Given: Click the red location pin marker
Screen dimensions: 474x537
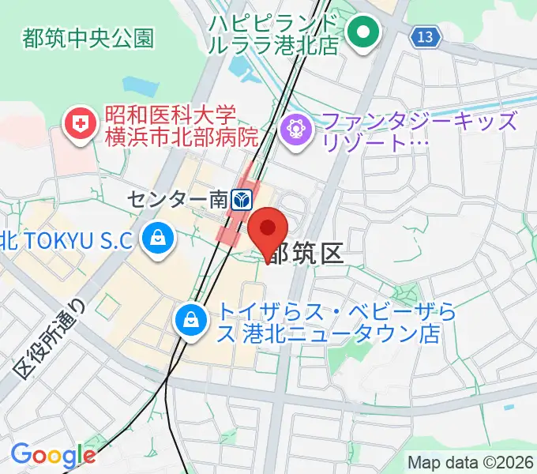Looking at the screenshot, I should tap(268, 231).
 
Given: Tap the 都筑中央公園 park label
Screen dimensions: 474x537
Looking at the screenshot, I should tap(88, 37).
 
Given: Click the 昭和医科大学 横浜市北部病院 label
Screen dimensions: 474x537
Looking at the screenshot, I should tap(182, 126).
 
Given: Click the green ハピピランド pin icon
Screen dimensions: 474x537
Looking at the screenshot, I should tap(365, 32).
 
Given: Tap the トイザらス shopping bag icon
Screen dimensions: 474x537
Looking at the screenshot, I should tap(192, 318).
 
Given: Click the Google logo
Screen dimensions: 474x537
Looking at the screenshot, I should tap(53, 455).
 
